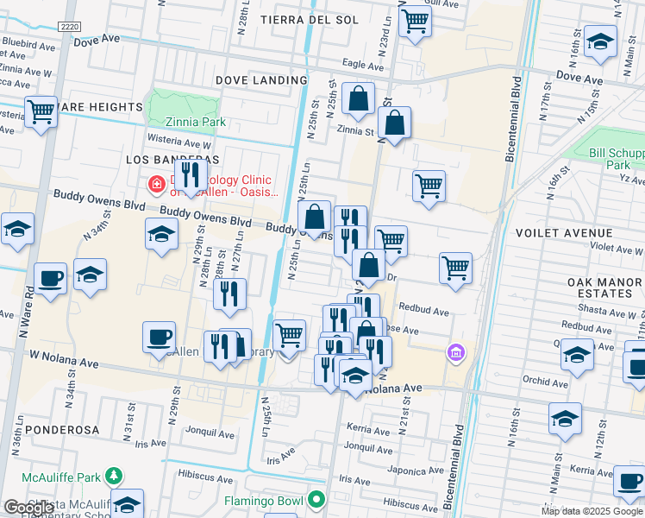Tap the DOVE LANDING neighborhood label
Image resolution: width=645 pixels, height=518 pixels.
(x=257, y=80)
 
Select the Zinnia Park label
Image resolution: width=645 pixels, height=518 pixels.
(x=187, y=123)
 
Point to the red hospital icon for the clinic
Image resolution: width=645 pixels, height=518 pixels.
(x=157, y=184)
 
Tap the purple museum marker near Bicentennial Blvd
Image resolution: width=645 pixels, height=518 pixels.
(x=455, y=352)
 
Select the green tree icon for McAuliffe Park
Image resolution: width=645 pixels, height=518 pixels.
(x=113, y=476)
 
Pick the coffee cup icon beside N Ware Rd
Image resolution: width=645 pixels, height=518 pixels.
(x=51, y=278)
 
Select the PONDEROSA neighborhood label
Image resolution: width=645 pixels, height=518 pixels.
(x=62, y=429)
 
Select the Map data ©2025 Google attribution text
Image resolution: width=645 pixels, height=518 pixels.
(x=592, y=511)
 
